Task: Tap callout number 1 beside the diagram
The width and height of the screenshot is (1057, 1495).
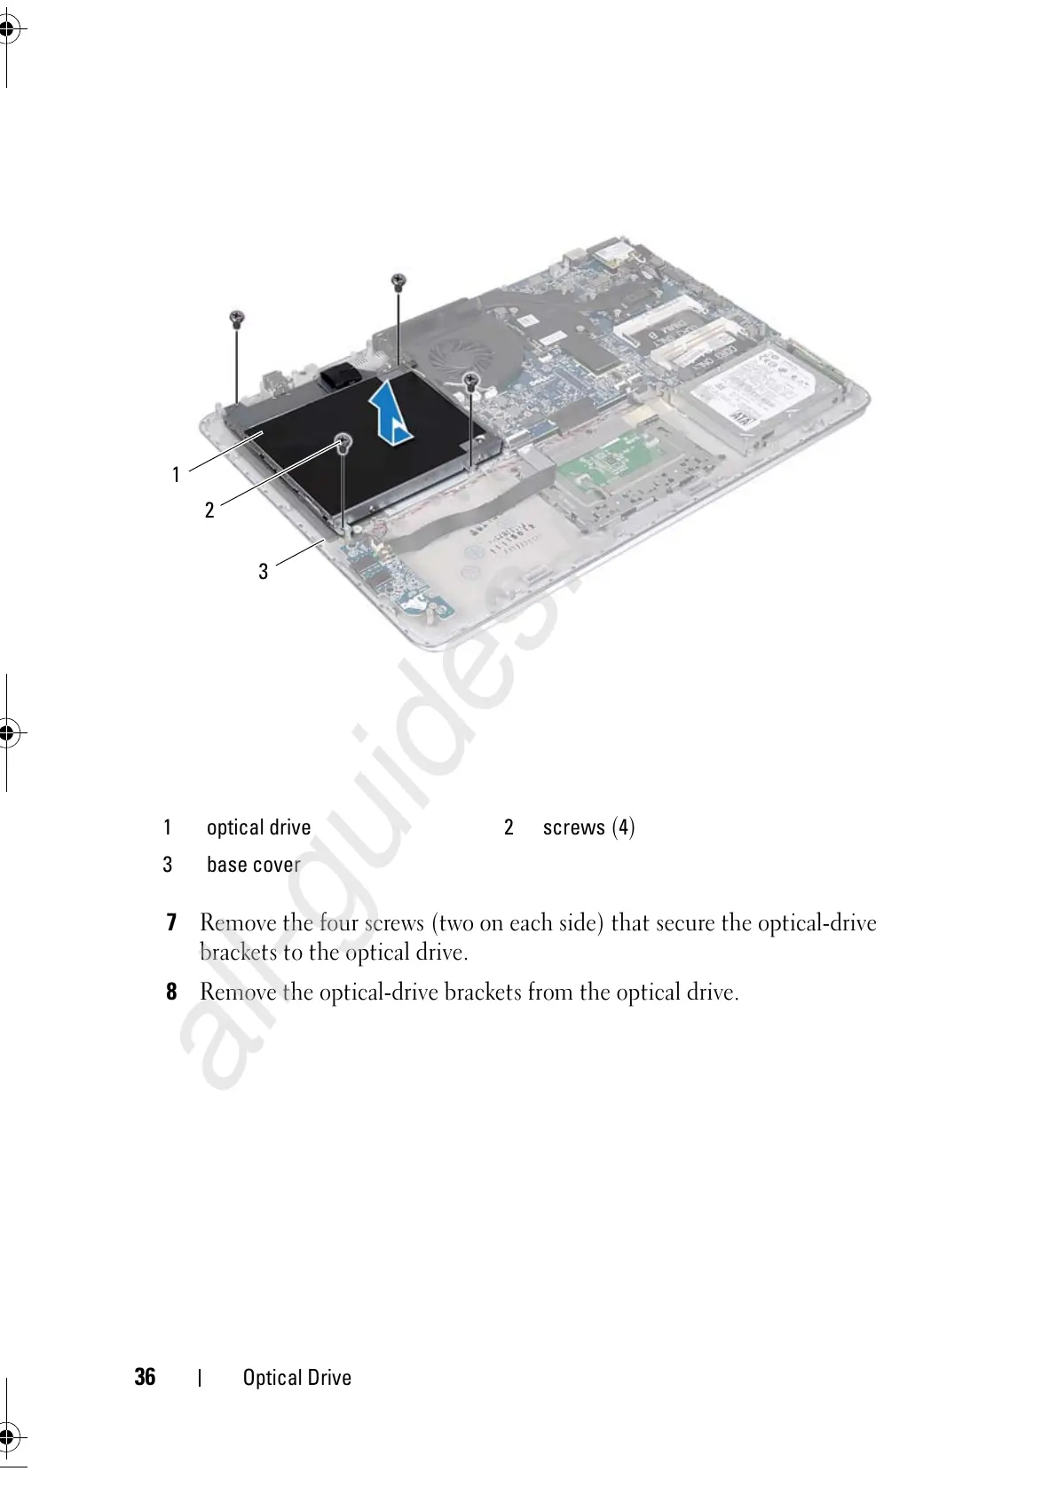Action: point(176,475)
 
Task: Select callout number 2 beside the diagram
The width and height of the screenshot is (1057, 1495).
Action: point(209,510)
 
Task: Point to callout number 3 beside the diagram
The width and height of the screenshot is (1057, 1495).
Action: point(263,572)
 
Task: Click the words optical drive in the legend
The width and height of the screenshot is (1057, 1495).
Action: point(258,827)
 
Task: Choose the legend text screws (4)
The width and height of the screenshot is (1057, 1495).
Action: point(588,827)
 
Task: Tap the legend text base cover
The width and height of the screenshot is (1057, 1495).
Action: point(253,865)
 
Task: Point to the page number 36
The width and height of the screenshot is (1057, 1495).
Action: point(145,1377)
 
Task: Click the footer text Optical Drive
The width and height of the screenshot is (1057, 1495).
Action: point(297,1378)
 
